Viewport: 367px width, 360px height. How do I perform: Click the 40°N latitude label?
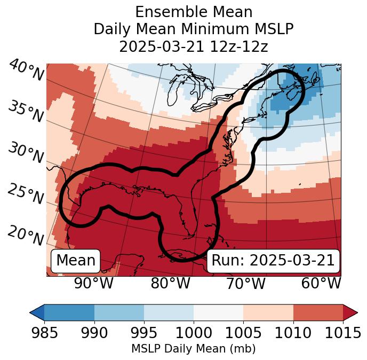click(x=26, y=71)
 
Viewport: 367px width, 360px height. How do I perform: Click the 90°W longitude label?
click(x=94, y=284)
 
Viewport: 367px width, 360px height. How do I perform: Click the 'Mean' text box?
click(x=76, y=261)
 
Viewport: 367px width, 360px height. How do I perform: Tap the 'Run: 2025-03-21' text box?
click(x=273, y=261)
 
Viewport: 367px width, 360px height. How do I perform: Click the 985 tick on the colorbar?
click(x=44, y=333)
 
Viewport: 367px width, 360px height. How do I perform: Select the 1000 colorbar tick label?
click(x=194, y=333)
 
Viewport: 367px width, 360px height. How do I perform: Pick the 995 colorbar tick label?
click(x=144, y=333)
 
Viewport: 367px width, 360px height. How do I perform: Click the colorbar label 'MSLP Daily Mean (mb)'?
click(x=193, y=349)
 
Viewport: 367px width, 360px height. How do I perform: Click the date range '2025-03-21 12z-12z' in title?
click(x=193, y=46)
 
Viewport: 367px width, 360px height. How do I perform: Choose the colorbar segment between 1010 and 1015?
click(x=318, y=312)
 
